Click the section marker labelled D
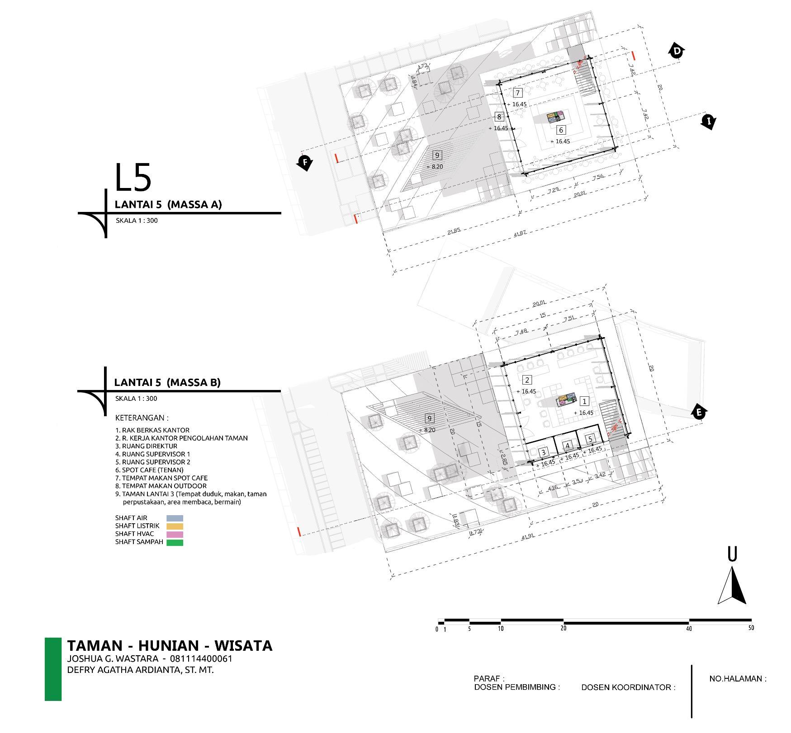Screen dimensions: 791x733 pos(676,51)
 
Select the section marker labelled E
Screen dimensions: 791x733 pos(699,412)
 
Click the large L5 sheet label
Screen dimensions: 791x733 pos(132,178)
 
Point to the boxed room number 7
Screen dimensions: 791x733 pos(518,93)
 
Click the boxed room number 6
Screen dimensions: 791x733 pos(561,130)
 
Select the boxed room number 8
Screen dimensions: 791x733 pos(499,117)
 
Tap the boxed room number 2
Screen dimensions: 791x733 pos(526,380)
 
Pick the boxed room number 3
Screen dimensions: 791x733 pos(544,452)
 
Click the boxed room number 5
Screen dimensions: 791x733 pos(590,439)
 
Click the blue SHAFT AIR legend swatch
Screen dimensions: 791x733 pos(175,518)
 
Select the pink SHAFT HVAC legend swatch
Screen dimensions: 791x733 pos(175,534)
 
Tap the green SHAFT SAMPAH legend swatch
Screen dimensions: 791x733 pos(175,542)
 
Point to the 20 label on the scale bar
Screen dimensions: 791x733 pos(564,628)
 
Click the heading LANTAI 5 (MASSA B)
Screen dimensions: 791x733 pos(167,382)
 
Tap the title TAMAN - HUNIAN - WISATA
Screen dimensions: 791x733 pos(170,645)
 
